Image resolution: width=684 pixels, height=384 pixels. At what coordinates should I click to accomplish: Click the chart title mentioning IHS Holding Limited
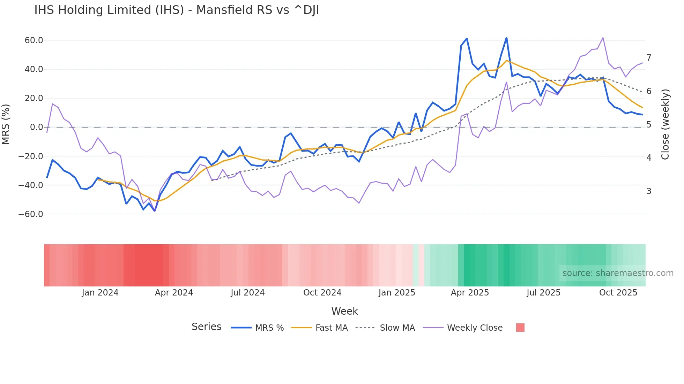click(x=177, y=10)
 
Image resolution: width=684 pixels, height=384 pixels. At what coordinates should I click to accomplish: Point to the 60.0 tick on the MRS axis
click(x=34, y=40)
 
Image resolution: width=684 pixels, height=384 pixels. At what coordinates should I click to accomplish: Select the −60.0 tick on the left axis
click(x=31, y=214)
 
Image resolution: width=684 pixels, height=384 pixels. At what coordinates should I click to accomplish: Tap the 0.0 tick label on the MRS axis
click(x=36, y=127)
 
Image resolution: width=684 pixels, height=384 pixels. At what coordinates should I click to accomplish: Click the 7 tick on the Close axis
click(x=649, y=58)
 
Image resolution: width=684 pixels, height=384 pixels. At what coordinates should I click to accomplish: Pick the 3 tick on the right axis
click(x=649, y=191)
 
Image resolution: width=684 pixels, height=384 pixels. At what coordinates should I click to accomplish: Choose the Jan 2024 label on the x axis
click(x=100, y=293)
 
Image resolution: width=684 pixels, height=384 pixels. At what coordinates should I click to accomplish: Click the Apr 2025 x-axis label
click(x=470, y=293)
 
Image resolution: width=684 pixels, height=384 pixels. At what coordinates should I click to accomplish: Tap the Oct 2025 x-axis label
click(x=618, y=293)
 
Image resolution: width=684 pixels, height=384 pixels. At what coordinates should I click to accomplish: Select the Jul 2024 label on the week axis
click(x=248, y=293)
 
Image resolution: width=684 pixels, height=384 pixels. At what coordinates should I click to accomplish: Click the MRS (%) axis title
click(x=6, y=124)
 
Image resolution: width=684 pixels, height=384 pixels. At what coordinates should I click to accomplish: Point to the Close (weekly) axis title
click(x=665, y=124)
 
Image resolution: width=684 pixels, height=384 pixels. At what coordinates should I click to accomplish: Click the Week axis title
click(x=344, y=311)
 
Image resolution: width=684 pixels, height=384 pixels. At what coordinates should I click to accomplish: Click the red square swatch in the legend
click(x=520, y=328)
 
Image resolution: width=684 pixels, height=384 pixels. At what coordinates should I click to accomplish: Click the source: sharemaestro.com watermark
click(x=618, y=273)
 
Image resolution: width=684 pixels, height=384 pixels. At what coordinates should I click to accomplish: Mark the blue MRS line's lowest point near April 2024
click(x=155, y=211)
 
